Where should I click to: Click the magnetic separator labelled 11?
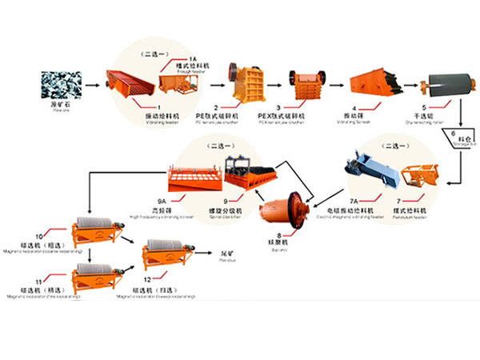point(95,278)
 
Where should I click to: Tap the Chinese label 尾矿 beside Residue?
point(226,254)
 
